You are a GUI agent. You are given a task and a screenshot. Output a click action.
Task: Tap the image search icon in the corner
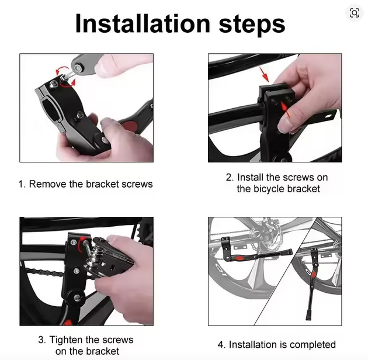tap(355, 13)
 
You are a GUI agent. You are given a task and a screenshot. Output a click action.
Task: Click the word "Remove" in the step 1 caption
tap(48, 184)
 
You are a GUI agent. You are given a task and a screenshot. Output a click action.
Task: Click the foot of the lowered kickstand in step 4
tap(308, 316)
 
